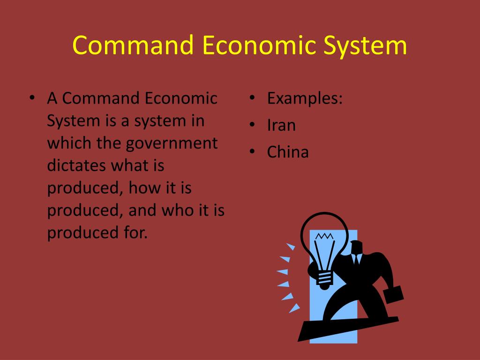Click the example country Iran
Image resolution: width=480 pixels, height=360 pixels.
click(281, 125)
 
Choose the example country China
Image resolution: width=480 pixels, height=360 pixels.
click(288, 152)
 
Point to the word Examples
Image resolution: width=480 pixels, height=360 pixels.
click(305, 99)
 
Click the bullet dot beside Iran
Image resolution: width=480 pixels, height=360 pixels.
click(252, 125)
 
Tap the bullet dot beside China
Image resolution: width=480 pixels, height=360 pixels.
click(252, 152)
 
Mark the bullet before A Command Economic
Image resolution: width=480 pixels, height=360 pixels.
click(32, 99)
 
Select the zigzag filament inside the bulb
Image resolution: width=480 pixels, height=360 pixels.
click(323, 236)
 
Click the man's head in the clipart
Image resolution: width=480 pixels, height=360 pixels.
click(356, 247)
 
